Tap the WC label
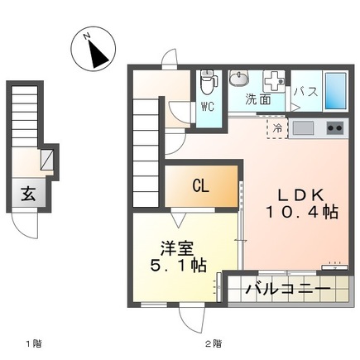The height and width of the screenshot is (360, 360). pos(209,106)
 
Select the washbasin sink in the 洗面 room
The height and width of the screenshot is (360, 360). pos(240,80)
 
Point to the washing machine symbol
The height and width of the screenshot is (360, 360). pos(273,81)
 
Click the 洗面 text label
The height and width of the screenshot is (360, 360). pos(257,99)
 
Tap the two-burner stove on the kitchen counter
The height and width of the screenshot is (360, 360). pos(334,129)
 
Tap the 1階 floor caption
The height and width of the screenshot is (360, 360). pos(34,341)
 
